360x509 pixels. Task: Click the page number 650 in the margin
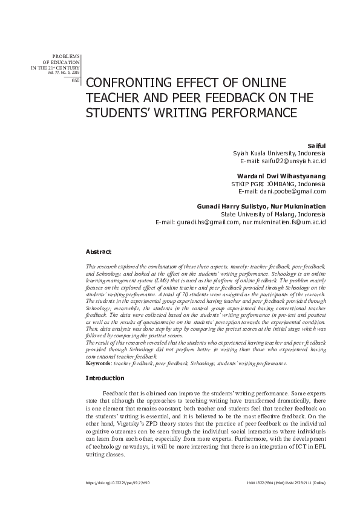(x=75, y=80)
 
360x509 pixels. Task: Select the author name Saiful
(x=317, y=146)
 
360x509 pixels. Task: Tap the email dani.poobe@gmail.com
(x=292, y=192)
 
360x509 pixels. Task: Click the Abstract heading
(x=99, y=251)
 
